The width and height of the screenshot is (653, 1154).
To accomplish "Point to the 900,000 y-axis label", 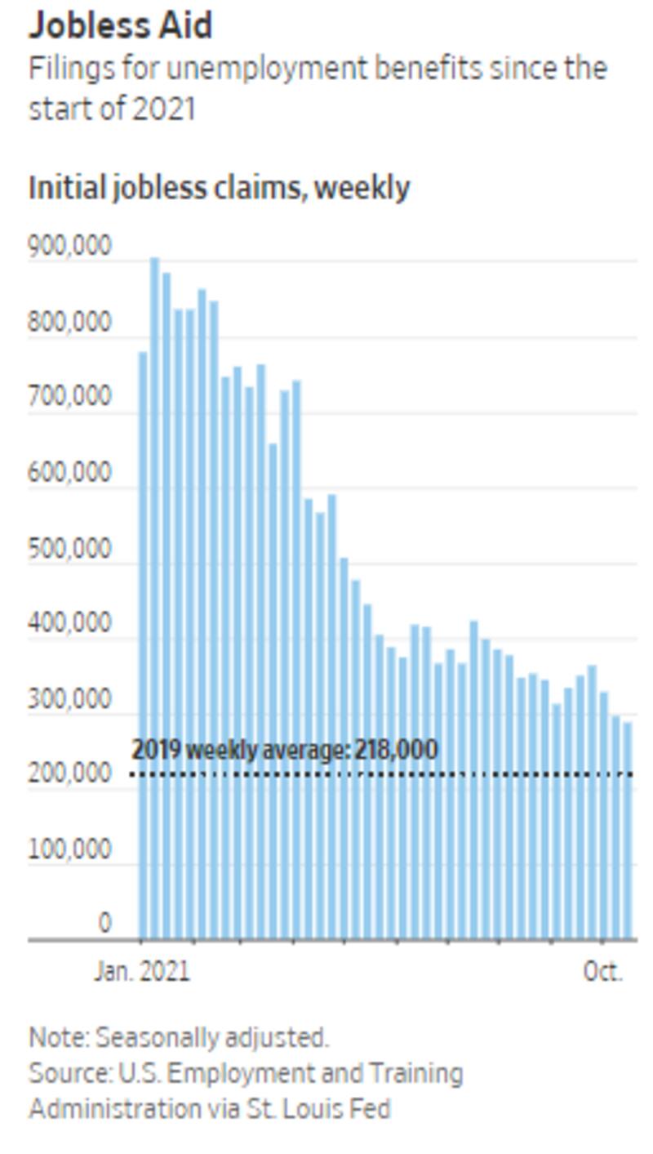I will point(70,246).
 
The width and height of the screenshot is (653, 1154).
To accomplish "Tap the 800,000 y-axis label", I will point(70,322).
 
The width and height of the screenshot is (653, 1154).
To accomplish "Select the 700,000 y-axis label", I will point(70,398).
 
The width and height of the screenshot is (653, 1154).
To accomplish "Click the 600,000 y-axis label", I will point(70,473).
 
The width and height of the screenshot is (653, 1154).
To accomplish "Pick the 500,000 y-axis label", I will point(70,549).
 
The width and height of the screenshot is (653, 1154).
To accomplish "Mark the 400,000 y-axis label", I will point(70,624).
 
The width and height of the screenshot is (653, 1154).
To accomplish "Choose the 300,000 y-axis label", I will point(70,700).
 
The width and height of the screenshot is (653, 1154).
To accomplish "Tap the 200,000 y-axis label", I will point(70,773).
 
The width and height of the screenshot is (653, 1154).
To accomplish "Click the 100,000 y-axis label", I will point(70,849).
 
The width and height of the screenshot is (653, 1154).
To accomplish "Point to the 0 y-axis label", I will point(104,923).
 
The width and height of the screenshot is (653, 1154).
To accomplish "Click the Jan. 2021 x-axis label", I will point(141,971).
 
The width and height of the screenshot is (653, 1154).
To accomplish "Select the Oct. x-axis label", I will point(602,971).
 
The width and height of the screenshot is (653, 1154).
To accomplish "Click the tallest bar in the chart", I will point(154,596).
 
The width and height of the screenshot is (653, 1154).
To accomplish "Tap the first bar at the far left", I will point(143,645).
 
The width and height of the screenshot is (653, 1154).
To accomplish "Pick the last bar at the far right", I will point(628,829).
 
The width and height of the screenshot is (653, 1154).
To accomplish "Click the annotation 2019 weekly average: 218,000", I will point(284,749).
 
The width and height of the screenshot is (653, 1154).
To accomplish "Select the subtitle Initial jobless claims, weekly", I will point(219,188).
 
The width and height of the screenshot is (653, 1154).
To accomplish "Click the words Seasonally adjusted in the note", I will point(212,1037).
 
